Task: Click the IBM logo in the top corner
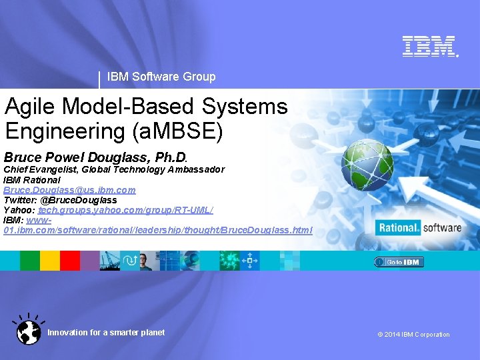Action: [429, 46]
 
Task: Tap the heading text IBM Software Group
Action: [161, 77]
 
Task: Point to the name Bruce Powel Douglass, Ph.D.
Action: [96, 158]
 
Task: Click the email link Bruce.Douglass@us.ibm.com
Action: [69, 190]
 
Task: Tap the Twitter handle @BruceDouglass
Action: [79, 200]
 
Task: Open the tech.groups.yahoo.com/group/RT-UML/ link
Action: [125, 209]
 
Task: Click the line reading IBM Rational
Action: [32, 180]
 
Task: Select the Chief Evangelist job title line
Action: [114, 170]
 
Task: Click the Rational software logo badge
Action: [419, 228]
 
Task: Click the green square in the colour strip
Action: [29, 261]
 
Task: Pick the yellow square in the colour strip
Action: [50, 261]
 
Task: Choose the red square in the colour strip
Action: [70, 261]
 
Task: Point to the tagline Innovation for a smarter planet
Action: [106, 333]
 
